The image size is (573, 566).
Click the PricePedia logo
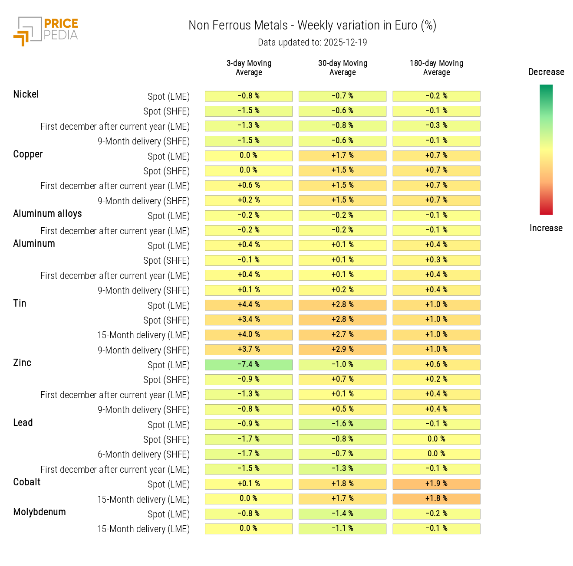[46, 31]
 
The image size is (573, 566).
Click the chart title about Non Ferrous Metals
[312, 26]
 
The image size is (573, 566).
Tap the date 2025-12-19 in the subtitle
[345, 43]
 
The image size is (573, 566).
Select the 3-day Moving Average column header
[249, 68]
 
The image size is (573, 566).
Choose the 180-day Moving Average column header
[436, 68]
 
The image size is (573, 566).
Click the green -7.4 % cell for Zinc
[249, 365]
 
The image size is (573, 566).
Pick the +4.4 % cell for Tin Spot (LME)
[249, 305]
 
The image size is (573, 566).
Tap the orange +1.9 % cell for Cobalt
[436, 484]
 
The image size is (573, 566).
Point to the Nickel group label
[26, 95]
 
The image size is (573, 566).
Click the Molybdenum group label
[40, 512]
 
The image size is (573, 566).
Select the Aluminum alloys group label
[47, 214]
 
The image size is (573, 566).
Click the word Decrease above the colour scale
[546, 72]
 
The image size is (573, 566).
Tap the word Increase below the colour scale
[546, 228]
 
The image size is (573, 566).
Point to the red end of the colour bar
[546, 211]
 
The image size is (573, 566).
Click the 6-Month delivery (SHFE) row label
[144, 455]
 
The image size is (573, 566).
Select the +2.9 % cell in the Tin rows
[342, 350]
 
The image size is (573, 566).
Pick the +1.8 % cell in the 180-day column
[436, 499]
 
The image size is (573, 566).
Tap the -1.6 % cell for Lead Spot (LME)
[342, 424]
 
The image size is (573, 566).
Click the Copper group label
[28, 154]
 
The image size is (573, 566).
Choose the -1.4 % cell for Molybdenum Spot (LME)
[342, 514]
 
